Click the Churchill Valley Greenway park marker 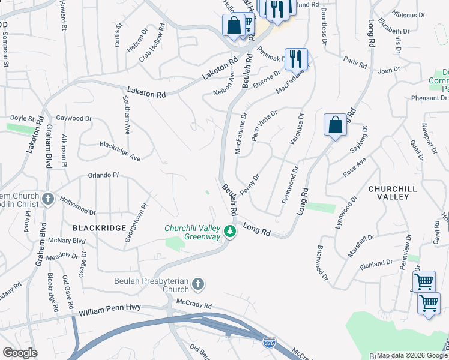tap(229, 231)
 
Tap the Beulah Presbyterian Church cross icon tap(199, 283)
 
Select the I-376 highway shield tap(270, 342)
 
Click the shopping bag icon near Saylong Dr tap(336, 125)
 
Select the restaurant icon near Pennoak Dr tap(295, 59)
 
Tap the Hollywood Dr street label tap(77, 208)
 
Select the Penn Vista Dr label tap(263, 124)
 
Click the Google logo tap(20, 353)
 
